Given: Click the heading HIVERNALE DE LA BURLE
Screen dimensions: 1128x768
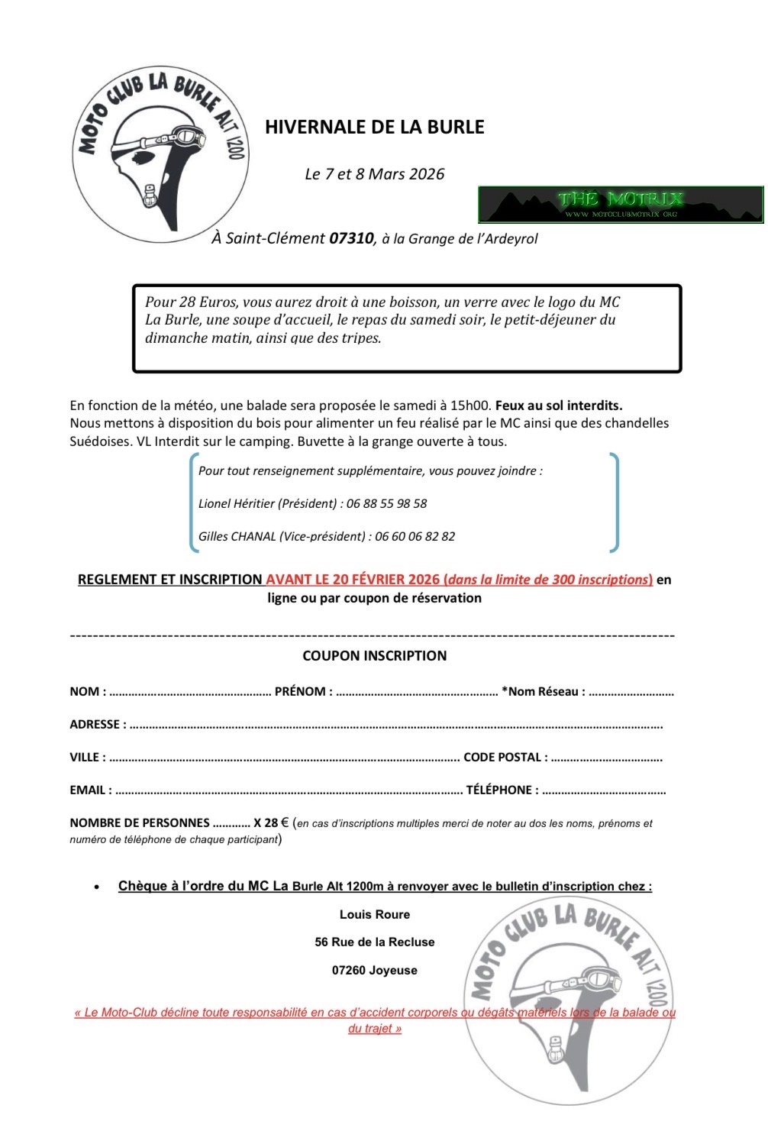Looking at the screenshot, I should coord(374,127).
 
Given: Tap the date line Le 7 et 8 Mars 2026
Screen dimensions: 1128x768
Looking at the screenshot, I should coord(374,174).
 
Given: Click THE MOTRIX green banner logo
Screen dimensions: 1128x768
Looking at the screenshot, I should coord(621,204).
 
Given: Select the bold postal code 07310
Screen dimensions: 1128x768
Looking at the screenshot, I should coord(351,238).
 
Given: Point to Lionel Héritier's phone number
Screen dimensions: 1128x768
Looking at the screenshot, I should coord(386,504).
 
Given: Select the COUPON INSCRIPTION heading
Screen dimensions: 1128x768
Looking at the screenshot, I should coord(374,656).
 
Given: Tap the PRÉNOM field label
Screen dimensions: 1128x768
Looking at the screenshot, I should coord(302,692).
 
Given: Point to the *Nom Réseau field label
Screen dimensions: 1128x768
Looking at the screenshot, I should coord(542,692).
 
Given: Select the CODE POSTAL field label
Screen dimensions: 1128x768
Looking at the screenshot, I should coord(505,758).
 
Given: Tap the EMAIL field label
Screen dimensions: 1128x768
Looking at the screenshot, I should coord(89,790).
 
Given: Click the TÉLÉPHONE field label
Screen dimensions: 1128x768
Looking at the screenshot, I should coord(502,790).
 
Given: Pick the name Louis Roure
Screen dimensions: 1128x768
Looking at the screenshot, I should coord(374,915).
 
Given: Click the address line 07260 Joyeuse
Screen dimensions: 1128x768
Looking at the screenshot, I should coord(374,971).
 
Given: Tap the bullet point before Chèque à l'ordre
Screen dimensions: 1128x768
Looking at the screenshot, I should coord(96,887).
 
